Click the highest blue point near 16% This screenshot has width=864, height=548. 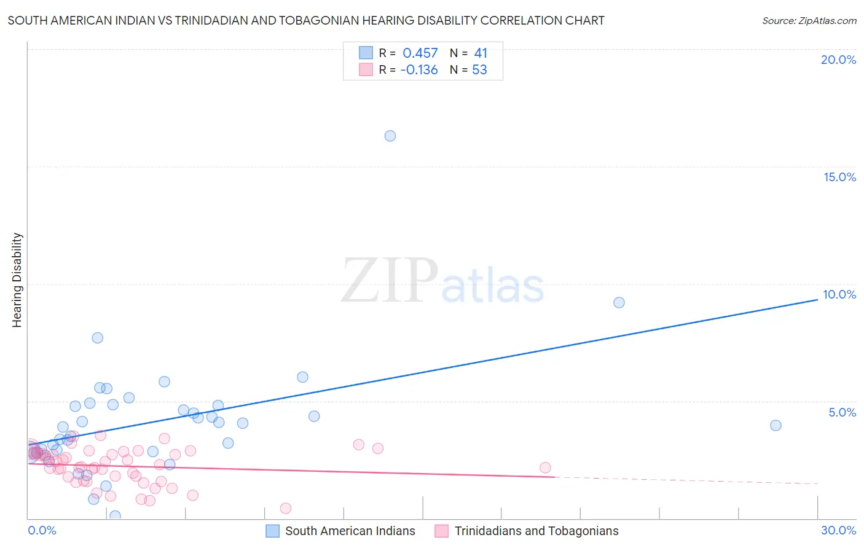pyautogui.click(x=390, y=136)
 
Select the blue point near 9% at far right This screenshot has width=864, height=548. pyautogui.click(x=619, y=302)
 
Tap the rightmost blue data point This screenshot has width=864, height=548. pyautogui.click(x=776, y=425)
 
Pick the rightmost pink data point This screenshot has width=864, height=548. pyautogui.click(x=545, y=468)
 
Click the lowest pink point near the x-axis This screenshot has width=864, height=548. pyautogui.click(x=286, y=508)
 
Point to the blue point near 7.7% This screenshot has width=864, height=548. pyautogui.click(x=97, y=337)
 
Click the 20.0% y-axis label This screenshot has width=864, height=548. pyautogui.click(x=838, y=60)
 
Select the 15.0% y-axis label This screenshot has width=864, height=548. pyautogui.click(x=839, y=177)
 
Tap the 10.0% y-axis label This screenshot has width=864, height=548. pyautogui.click(x=839, y=294)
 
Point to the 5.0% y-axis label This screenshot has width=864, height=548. pyautogui.click(x=842, y=412)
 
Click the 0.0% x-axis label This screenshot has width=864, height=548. pyautogui.click(x=42, y=530)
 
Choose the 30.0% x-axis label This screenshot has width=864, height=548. pyautogui.click(x=838, y=530)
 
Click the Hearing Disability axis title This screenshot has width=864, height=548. pyautogui.click(x=17, y=280)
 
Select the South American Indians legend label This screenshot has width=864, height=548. pyautogui.click(x=350, y=531)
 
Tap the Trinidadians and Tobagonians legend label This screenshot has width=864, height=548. pyautogui.click(x=536, y=531)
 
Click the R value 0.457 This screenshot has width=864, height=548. pyautogui.click(x=420, y=53)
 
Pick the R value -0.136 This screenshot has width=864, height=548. pyautogui.click(x=419, y=70)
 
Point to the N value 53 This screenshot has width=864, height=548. pyautogui.click(x=479, y=70)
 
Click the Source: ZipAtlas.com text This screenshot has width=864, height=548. pyautogui.click(x=809, y=21)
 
